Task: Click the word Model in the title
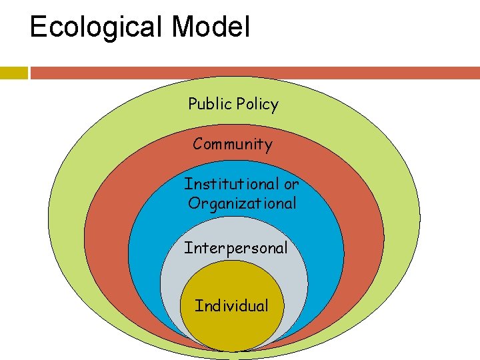click(211, 27)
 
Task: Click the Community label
click(233, 144)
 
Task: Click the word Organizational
click(242, 203)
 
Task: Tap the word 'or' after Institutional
click(291, 183)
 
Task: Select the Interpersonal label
click(236, 248)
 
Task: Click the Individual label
click(231, 306)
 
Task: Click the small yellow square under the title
click(13, 73)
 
